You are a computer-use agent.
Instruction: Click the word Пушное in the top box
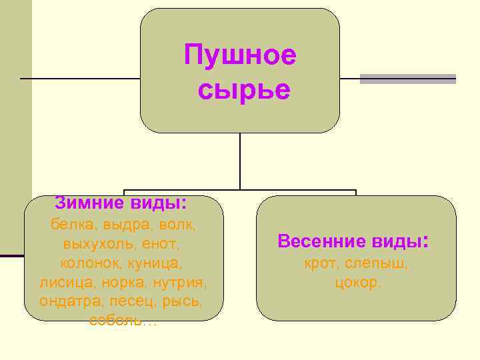pyautogui.click(x=240, y=55)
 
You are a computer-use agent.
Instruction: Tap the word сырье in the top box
pyautogui.click(x=244, y=90)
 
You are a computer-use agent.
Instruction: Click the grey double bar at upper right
pyautogui.click(x=408, y=79)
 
